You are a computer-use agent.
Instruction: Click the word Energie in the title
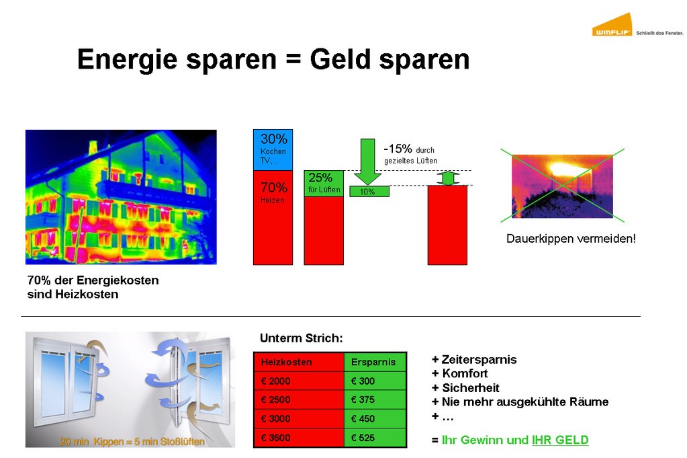point(128,60)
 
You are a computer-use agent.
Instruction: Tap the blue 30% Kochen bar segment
point(273,150)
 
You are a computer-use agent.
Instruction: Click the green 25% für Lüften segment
point(324,184)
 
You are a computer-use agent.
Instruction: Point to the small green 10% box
point(369,191)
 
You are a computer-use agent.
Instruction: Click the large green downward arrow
point(367,161)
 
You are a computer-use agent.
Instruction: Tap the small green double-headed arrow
point(448,178)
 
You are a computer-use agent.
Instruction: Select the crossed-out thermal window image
point(562,186)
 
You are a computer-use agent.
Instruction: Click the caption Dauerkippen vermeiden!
point(571,239)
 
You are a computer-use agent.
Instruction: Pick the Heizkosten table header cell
point(299,362)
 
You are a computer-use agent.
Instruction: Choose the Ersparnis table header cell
point(375,362)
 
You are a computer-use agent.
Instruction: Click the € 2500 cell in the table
point(299,399)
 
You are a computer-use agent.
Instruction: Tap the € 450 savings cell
point(375,418)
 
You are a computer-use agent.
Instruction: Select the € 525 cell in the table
point(375,438)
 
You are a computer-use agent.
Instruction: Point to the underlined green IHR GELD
point(560,440)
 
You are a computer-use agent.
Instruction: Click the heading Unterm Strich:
point(302,338)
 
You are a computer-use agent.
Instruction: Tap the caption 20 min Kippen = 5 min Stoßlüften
point(132,441)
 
